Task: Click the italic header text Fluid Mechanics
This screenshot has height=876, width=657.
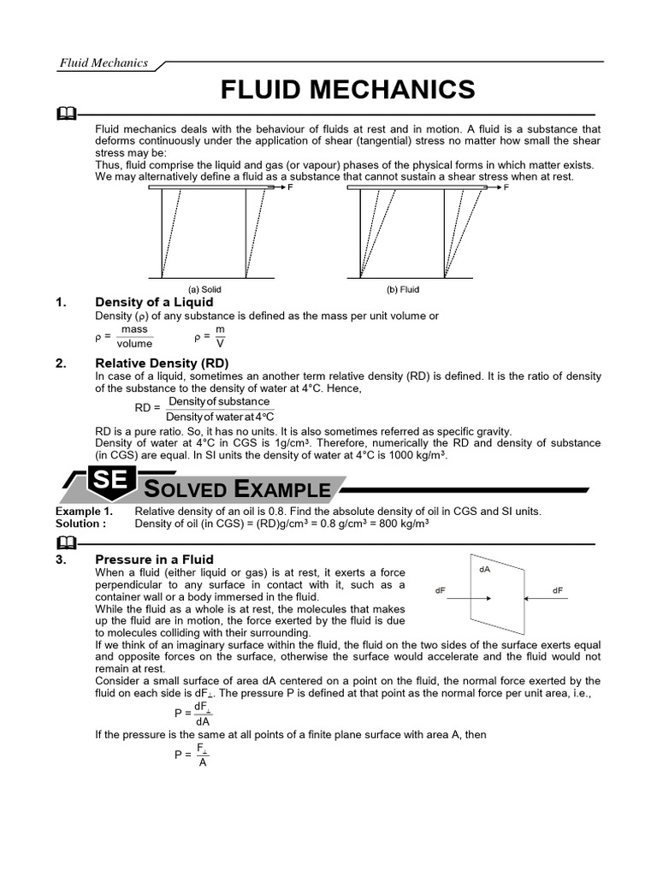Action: pos(103,62)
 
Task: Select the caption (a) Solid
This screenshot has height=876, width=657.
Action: pos(205,290)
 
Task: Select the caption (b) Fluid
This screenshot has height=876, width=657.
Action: pos(403,290)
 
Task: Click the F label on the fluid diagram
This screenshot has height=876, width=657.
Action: pos(506,186)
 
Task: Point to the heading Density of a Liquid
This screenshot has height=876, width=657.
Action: pos(154,302)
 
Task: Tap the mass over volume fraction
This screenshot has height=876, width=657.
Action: pos(134,336)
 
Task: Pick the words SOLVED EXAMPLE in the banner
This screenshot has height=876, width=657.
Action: pos(237,488)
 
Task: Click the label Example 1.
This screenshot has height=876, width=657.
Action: pos(84,511)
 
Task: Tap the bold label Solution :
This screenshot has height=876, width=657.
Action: pos(81,523)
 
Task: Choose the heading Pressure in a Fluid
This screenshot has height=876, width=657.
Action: pos(154,559)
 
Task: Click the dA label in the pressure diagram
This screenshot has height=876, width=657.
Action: pos(485,568)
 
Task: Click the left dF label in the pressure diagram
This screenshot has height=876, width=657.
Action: pos(441,590)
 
